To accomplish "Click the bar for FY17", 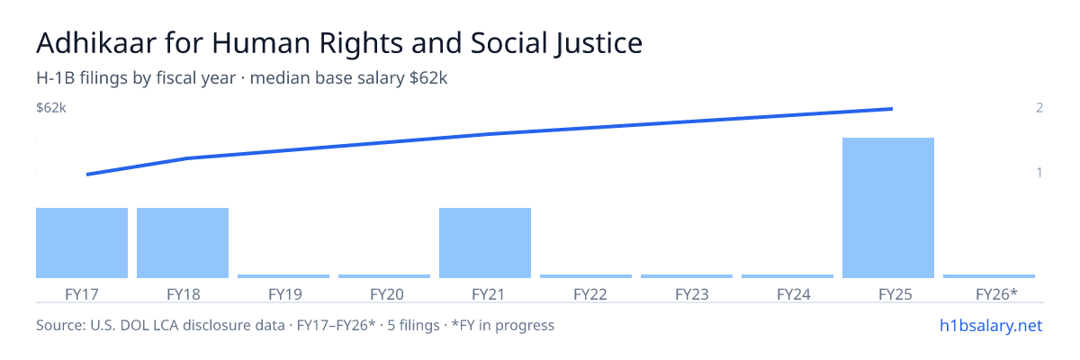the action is point(82,243).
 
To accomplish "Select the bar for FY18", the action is point(183,243).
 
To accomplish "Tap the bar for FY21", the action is point(485,243).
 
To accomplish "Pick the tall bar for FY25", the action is point(888,208).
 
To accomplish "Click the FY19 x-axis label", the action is point(285,294).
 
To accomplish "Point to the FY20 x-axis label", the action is point(387,294).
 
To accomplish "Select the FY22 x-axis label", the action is point(590,294).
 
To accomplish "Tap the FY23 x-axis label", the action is point(692,294).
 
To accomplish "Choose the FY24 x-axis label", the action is point(794,294).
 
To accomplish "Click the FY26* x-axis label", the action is point(996,294).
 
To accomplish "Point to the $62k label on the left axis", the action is point(51,108).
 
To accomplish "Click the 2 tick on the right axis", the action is point(1039,108).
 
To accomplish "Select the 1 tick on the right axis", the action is point(1039,173).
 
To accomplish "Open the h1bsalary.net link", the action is point(991,326).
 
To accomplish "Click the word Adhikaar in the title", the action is point(96,43).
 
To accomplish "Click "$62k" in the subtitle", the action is point(428,78).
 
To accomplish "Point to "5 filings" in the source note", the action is point(414,326).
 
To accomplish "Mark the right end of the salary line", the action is point(892,109).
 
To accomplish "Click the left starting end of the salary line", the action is point(87,175).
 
